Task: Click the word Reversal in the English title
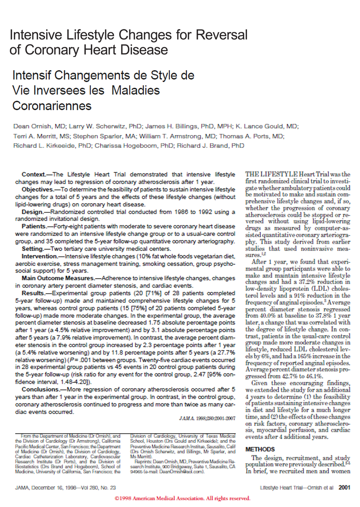tap(222, 35)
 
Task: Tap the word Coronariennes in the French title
tap(52, 106)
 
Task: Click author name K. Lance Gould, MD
tap(267, 126)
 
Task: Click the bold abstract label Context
tap(33, 175)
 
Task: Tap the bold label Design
tap(32, 212)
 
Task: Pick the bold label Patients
tap(34, 227)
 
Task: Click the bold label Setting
tap(32, 249)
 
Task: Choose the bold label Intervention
tap(39, 256)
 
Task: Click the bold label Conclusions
tap(40, 389)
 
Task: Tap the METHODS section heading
tap(260, 449)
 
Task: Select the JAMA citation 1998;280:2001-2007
tap(208, 418)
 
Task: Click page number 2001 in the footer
tap(344, 488)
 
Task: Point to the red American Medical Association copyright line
tap(183, 499)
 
